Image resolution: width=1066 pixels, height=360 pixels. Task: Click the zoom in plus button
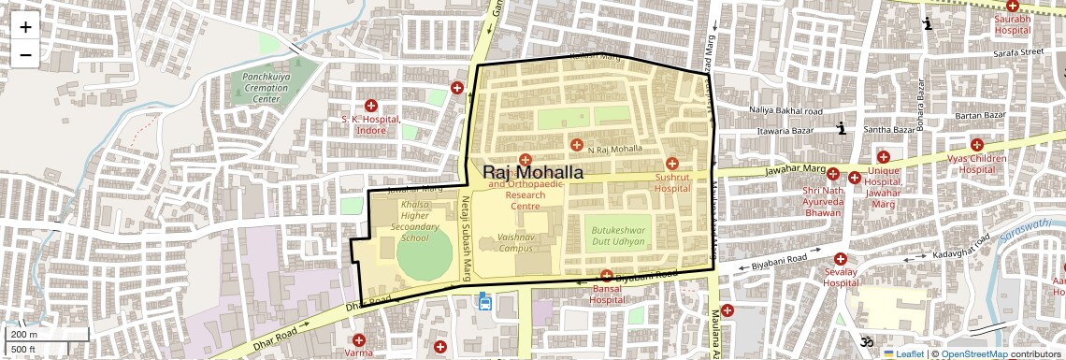[25, 26]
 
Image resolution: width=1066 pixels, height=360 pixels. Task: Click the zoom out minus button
[25, 54]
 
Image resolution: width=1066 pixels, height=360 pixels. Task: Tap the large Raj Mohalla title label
[533, 173]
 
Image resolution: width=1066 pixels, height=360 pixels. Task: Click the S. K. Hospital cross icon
[371, 106]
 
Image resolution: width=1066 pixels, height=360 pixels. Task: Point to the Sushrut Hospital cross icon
[671, 164]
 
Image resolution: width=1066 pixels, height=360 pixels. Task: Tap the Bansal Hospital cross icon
[607, 277]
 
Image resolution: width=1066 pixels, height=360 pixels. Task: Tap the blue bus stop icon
[484, 301]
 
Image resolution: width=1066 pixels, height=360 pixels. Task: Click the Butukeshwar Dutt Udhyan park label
[617, 235]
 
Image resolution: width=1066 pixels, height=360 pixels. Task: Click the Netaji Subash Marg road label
[463, 238]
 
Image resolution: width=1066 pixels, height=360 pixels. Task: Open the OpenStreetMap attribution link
[974, 354]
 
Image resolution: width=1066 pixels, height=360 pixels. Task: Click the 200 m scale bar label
[25, 334]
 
